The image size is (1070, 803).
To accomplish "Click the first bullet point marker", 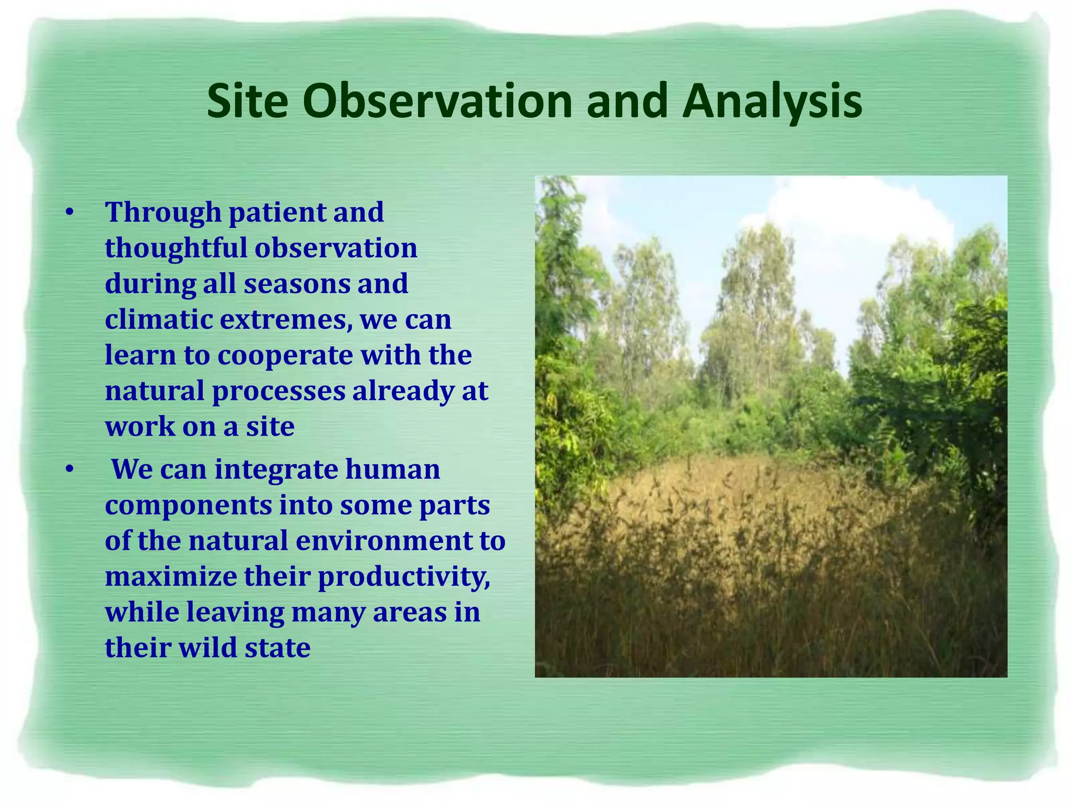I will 69,213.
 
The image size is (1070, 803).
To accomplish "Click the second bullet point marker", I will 69,469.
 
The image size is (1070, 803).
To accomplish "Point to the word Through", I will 163,213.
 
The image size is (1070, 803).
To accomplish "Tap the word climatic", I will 158,319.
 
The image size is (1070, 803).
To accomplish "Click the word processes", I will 278,391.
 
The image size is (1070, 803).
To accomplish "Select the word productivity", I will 404,576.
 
